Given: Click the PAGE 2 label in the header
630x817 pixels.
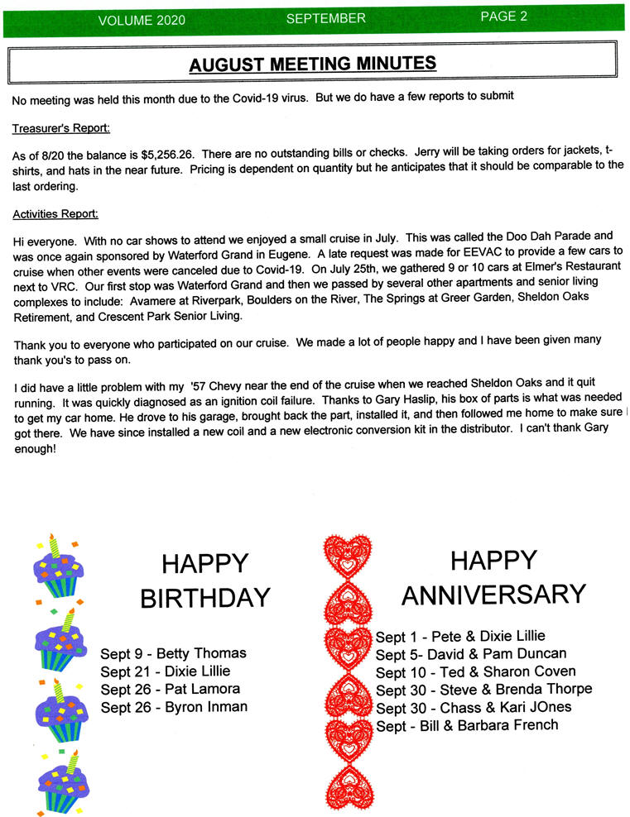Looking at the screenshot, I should pyautogui.click(x=503, y=17).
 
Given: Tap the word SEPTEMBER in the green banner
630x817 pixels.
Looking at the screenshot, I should pyautogui.click(x=325, y=17).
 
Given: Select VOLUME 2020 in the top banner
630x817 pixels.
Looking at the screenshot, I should pyautogui.click(x=142, y=20).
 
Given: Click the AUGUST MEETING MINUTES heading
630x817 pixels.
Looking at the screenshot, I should pyautogui.click(x=312, y=63).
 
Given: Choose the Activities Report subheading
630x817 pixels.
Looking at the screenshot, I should pyautogui.click(x=55, y=214).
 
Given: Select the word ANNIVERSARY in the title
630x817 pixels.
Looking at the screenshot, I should pyautogui.click(x=493, y=594).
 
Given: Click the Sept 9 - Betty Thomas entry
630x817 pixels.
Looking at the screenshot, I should pyautogui.click(x=173, y=653).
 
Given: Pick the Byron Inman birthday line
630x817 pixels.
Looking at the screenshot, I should pyautogui.click(x=174, y=707).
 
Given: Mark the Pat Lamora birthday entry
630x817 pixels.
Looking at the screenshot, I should pyautogui.click(x=170, y=689).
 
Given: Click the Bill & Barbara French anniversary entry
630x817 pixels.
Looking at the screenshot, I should pyautogui.click(x=467, y=725).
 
